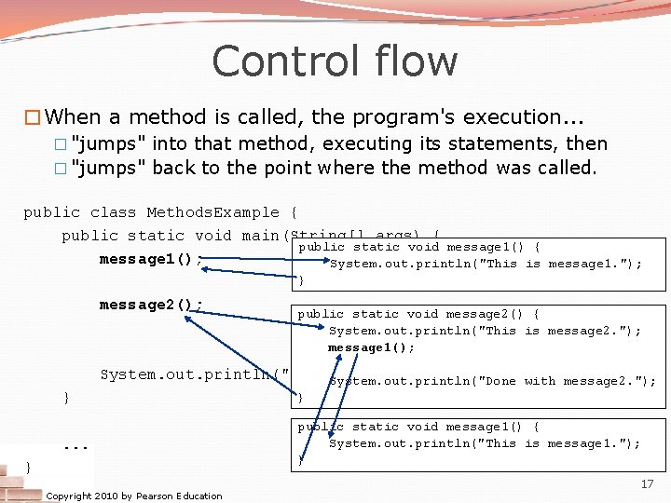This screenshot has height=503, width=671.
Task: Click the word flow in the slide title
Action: [x=418, y=62]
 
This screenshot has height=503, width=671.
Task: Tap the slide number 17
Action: [x=647, y=484]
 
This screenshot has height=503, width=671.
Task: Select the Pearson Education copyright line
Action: [x=133, y=496]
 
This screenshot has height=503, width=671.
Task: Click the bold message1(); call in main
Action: [x=151, y=259]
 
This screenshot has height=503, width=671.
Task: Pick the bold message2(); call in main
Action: [x=151, y=305]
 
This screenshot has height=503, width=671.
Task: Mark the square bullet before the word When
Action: [x=32, y=117]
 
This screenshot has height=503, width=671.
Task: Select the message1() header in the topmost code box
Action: [x=418, y=247]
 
